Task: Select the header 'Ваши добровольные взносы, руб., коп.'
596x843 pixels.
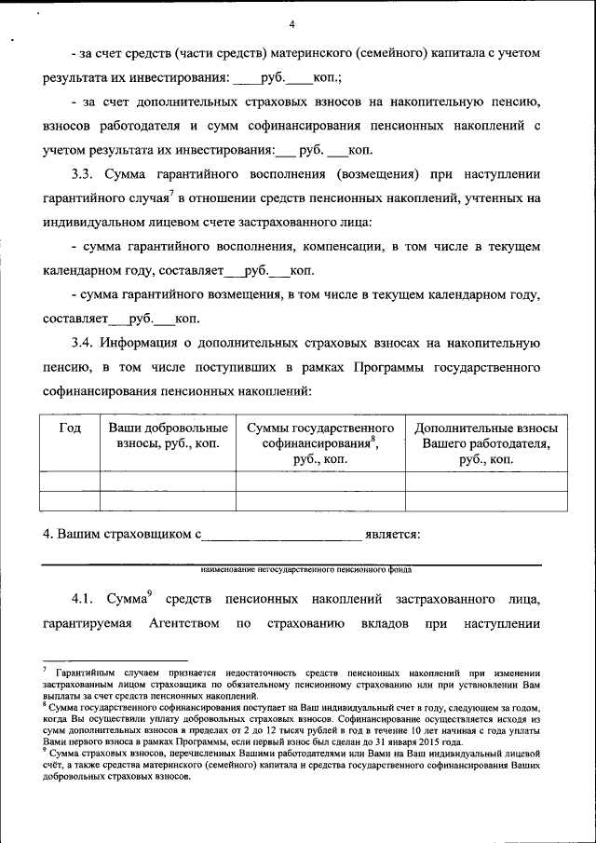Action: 168,436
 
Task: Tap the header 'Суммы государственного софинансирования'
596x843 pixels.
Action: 319,436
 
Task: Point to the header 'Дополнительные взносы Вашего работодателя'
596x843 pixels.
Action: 485,436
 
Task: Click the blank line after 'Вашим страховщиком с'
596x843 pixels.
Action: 281,535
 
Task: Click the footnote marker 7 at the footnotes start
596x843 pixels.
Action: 45,669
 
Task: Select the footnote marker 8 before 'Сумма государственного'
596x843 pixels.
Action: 45,705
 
